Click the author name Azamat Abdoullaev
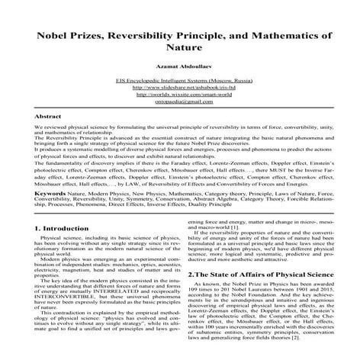pos(180,67)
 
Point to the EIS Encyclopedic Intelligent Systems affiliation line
pos(180,80)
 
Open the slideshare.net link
pos(180,87)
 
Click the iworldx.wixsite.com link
pos(180,95)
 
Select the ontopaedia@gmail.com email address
pos(180,101)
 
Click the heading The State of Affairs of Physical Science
pos(259,273)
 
